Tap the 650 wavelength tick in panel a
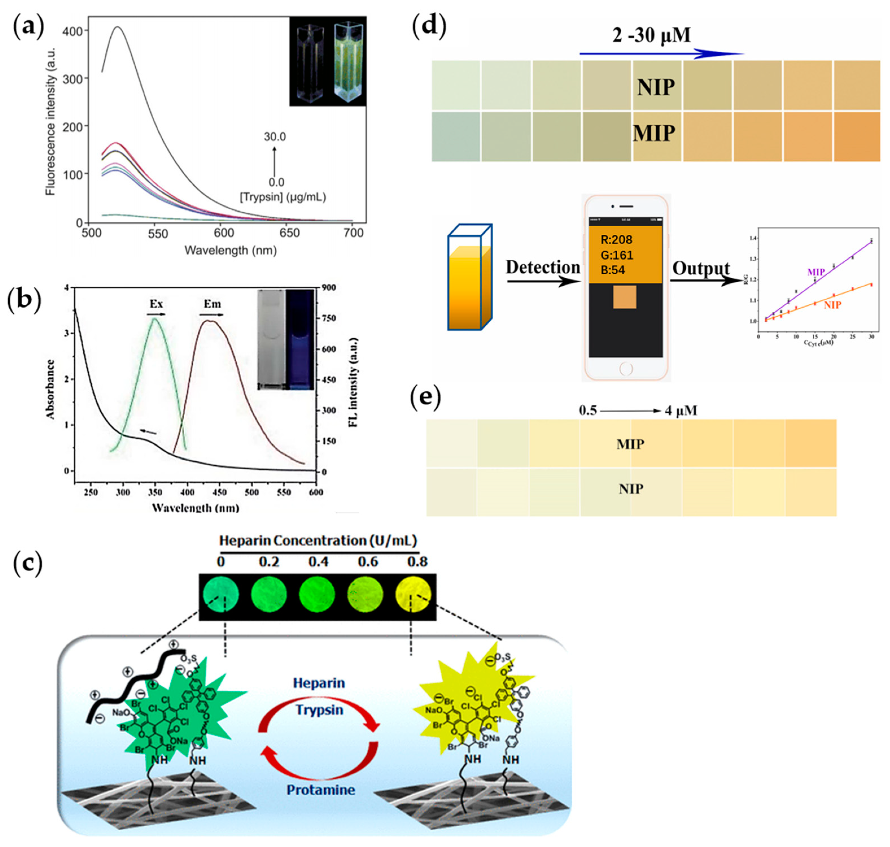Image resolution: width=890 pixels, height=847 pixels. pyautogui.click(x=289, y=233)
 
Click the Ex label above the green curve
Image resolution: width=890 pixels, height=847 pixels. pyautogui.click(x=156, y=304)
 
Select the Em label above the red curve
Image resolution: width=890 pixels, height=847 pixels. pyautogui.click(x=212, y=304)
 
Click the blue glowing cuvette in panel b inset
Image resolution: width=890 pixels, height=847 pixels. pyautogui.click(x=299, y=340)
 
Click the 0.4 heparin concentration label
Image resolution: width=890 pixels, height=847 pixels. pyautogui.click(x=318, y=562)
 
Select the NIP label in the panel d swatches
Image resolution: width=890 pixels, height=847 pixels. pyautogui.click(x=655, y=87)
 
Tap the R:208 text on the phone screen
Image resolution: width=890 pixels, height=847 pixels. pyautogui.click(x=616, y=240)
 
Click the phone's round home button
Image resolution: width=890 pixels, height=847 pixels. pyautogui.click(x=626, y=369)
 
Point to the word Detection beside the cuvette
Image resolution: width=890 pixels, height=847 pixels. pyautogui.click(x=543, y=267)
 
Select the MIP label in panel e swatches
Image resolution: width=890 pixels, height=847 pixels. pyautogui.click(x=630, y=444)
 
